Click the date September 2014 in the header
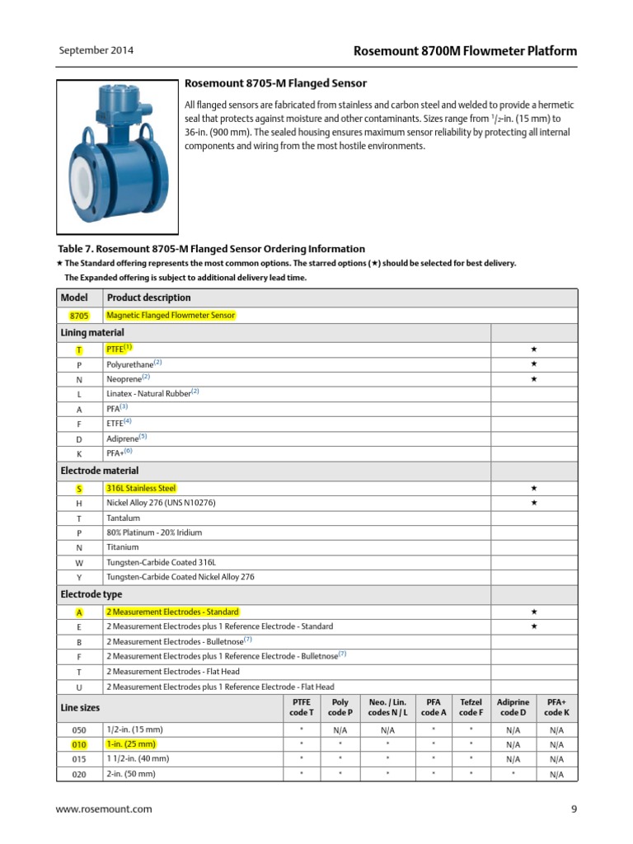(x=96, y=51)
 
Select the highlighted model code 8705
(x=79, y=316)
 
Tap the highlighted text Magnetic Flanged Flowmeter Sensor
(x=171, y=316)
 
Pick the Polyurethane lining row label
(x=134, y=363)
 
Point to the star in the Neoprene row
(x=533, y=379)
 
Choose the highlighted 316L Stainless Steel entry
(x=141, y=488)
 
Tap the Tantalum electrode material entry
(x=123, y=518)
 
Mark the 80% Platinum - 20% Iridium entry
(x=154, y=533)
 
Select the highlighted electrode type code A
(x=79, y=612)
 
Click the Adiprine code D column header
(x=512, y=707)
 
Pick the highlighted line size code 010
(x=79, y=744)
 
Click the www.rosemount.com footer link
(x=104, y=809)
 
